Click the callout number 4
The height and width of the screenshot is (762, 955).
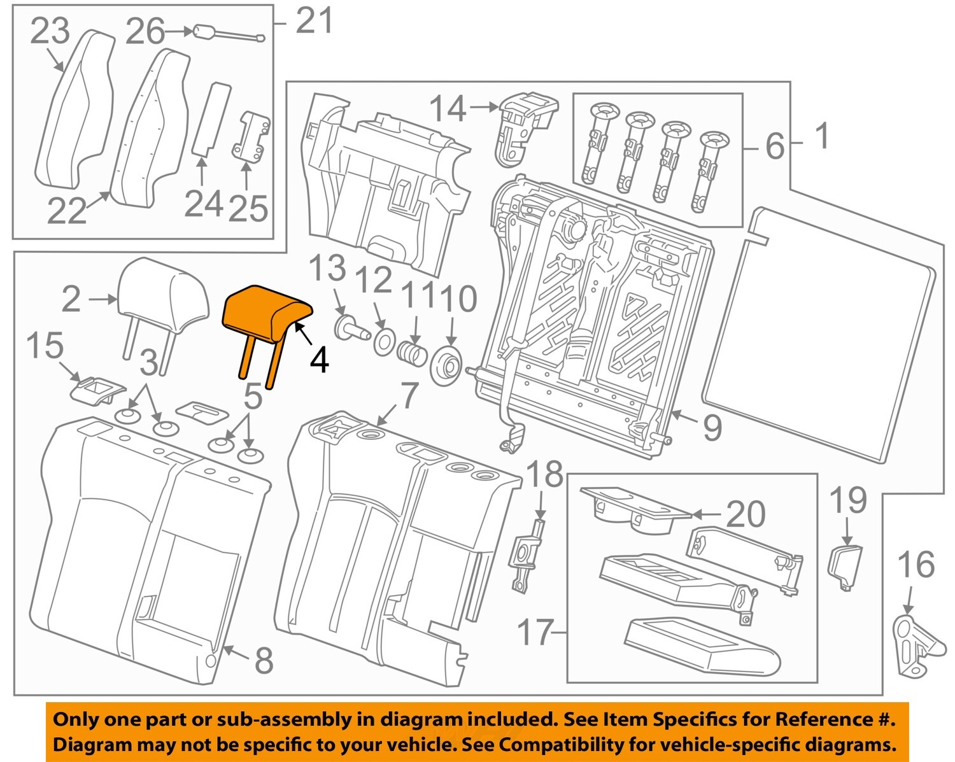319,360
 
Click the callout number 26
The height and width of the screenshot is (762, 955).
145,31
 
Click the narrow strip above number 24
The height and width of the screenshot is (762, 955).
211,118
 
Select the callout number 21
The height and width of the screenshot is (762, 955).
315,22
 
